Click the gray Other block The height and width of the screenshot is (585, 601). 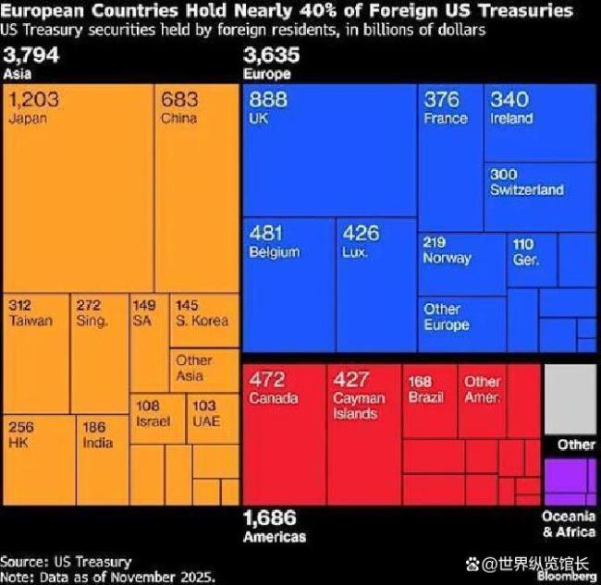tap(570, 398)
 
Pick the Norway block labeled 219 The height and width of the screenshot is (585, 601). tap(460, 263)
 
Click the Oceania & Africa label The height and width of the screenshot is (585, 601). tap(569, 525)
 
